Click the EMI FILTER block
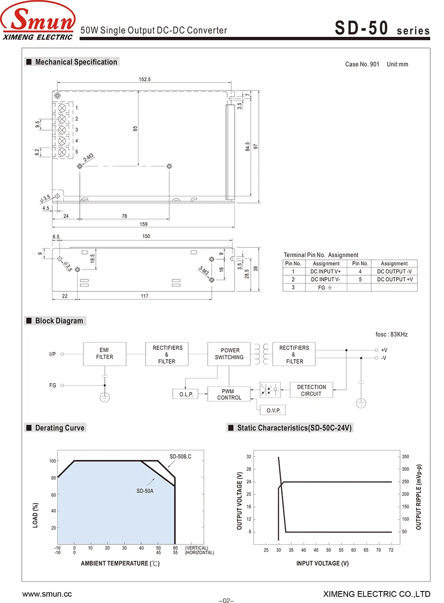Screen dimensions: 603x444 pos(105,354)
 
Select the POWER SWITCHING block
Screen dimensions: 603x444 pos(229,354)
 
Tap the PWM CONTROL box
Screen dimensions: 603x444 pos(229,394)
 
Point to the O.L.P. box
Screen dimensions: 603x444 pos(186,394)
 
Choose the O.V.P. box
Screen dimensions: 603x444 pos(274,410)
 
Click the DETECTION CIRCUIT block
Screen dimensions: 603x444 pos(311,390)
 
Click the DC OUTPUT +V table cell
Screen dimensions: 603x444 pos(394,279)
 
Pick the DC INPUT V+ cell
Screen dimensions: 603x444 pos(325,271)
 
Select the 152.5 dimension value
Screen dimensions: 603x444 pos(145,79)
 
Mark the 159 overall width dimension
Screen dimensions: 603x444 pos(143,224)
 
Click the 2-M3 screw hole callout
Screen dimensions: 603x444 pos(88,158)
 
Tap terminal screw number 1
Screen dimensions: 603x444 pos(62,108)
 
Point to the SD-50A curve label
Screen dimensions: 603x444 pos(145,491)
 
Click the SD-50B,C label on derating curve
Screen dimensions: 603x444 pos(180,456)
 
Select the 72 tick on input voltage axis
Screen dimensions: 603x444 pos(391,550)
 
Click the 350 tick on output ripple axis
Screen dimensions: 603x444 pos(405,456)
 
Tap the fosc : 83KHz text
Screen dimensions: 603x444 pos(391,334)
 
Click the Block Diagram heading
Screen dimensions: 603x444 pos(59,321)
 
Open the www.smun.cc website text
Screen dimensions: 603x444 pos(47,594)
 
